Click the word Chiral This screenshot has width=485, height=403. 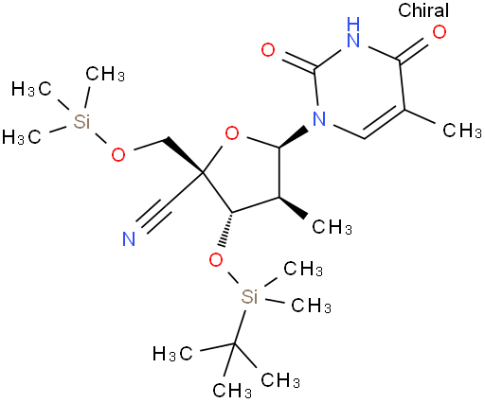(423, 10)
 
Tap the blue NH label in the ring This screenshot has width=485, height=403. (353, 32)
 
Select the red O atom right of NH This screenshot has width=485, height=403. (440, 32)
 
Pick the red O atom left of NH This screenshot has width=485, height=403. (268, 50)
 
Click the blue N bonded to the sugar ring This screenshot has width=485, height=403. (319, 118)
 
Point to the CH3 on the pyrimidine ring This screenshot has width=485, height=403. (462, 131)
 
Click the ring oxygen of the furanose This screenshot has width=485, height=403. (232, 133)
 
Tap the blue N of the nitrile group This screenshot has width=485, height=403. (129, 238)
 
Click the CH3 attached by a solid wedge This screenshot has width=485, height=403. (332, 227)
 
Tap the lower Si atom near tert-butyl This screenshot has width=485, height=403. (249, 296)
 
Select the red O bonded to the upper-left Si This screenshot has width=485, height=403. (118, 154)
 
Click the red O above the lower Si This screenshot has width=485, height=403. (216, 260)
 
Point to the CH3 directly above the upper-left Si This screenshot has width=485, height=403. (105, 75)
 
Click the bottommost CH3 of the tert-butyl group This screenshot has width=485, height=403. (232, 391)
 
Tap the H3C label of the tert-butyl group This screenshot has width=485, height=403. (172, 353)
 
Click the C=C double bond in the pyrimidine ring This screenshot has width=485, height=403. (384, 122)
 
